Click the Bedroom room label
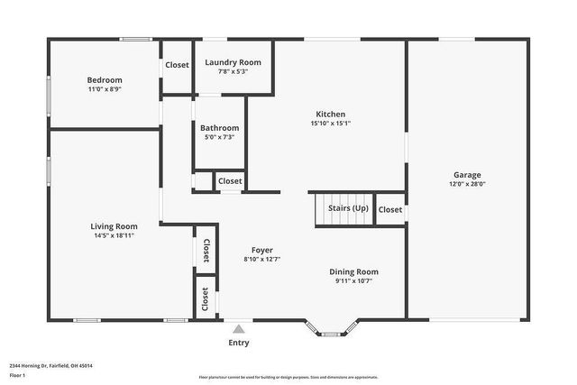[105, 79]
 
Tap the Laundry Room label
[233, 62]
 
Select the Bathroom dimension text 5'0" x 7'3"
[219, 137]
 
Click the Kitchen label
[330, 114]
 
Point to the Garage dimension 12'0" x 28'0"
[467, 184]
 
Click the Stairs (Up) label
[347, 208]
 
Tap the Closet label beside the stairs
[390, 209]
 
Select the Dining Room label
[353, 271]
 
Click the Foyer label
[261, 250]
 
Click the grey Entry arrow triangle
[238, 329]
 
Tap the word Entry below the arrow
[239, 343]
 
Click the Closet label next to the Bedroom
[177, 65]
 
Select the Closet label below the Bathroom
[230, 181]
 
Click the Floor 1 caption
[17, 374]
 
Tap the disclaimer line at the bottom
[288, 378]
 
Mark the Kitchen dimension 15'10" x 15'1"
[330, 124]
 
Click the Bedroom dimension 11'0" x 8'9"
[105, 89]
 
